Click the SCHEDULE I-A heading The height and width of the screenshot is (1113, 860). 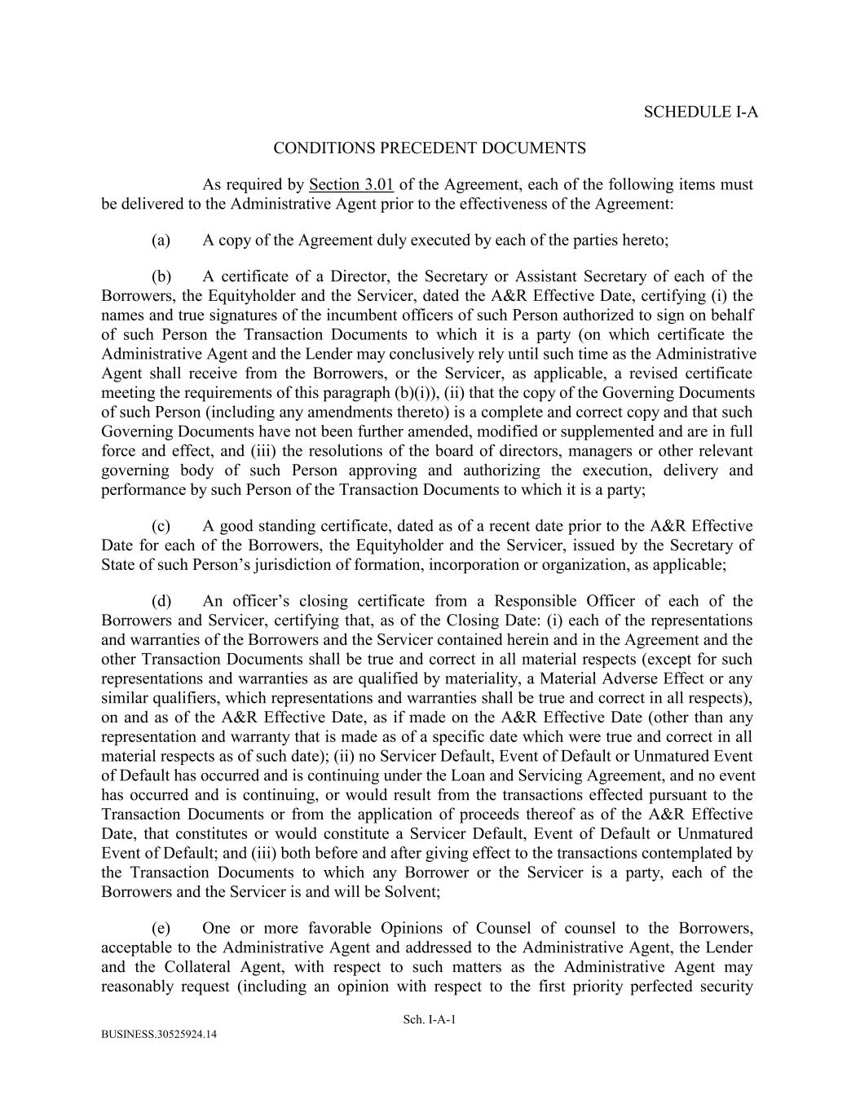(x=700, y=113)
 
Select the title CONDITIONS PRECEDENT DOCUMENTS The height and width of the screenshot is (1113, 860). (x=430, y=148)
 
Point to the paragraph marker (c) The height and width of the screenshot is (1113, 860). (x=161, y=526)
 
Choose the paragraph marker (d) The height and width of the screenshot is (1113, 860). (x=161, y=601)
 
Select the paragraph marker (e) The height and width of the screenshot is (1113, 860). (x=161, y=928)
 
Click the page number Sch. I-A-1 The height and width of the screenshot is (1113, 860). (x=430, y=1019)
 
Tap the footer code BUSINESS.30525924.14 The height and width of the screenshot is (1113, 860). (x=160, y=1034)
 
